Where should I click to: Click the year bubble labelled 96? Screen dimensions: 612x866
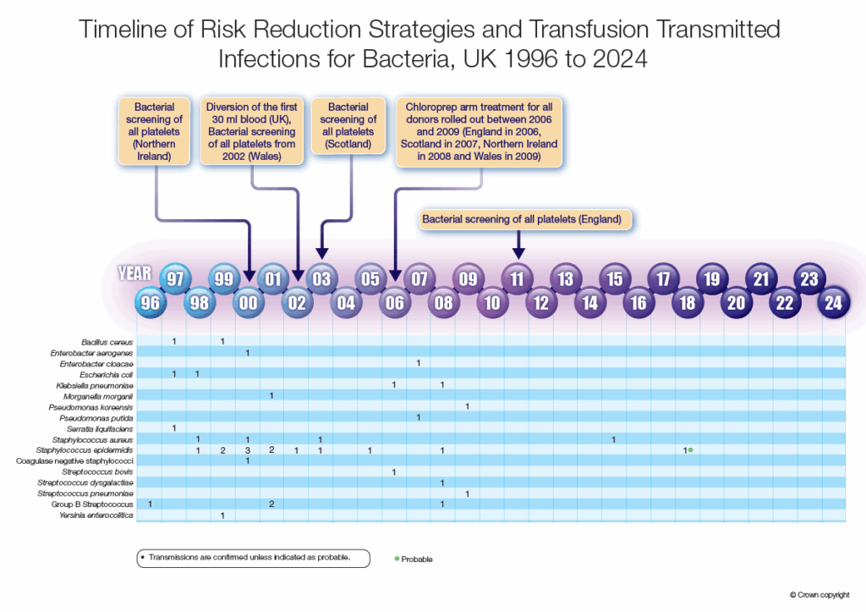150,302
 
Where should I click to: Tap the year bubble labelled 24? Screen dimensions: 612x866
834,302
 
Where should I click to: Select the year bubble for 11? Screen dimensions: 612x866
517,278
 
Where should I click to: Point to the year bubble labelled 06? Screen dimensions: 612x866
394,302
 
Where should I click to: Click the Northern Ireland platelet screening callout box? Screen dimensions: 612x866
154,131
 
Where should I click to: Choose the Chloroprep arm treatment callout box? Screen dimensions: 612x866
480,131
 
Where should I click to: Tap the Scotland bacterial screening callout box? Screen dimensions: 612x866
348,126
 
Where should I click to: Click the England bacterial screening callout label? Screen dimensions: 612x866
522,219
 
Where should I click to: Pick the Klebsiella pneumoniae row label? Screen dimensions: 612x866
98,385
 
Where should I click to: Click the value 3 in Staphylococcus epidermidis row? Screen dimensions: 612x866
247,450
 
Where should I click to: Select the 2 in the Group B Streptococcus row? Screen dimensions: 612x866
271,504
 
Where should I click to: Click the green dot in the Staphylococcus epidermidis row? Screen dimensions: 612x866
691,449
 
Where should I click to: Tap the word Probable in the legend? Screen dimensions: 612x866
417,559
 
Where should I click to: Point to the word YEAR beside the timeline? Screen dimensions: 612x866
134,273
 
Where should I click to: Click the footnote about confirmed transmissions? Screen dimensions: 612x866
253,557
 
